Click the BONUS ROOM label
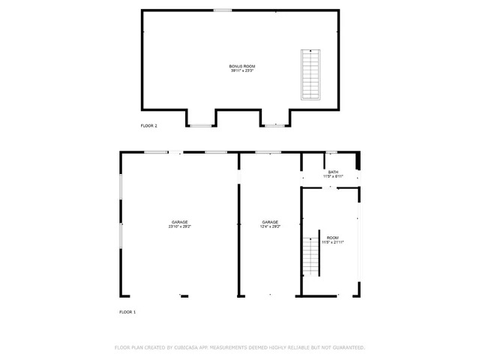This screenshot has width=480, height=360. pyautogui.click(x=241, y=66)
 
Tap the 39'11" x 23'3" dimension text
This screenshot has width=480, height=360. pyautogui.click(x=241, y=71)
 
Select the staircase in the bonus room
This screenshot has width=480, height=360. pyautogui.click(x=310, y=74)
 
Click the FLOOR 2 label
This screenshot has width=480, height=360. pyautogui.click(x=149, y=125)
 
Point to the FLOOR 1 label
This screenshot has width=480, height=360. pyautogui.click(x=127, y=311)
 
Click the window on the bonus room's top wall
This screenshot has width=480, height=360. pyautogui.click(x=222, y=10)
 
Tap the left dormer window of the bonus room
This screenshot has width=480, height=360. pyautogui.click(x=200, y=125)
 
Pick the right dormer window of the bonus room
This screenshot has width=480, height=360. pyautogui.click(x=274, y=125)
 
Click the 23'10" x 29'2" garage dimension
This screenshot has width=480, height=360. pyautogui.click(x=180, y=226)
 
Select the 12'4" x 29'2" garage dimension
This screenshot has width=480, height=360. pyautogui.click(x=270, y=226)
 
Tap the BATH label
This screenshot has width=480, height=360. pyautogui.click(x=333, y=172)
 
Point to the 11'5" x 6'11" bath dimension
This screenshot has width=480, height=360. pyautogui.click(x=333, y=176)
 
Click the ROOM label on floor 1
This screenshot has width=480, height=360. pyautogui.click(x=333, y=238)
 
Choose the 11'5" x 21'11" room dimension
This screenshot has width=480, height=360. pyautogui.click(x=333, y=243)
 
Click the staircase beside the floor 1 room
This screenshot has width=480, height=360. pyautogui.click(x=311, y=256)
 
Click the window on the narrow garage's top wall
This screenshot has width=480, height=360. pyautogui.click(x=263, y=152)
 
